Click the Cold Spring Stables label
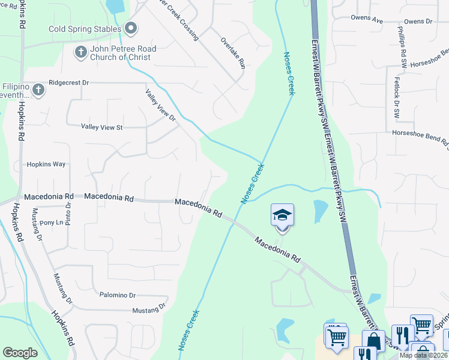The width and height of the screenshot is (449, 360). [x=83, y=29]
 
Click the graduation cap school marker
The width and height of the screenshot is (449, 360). [x=282, y=215]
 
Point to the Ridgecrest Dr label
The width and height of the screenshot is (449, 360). [x=68, y=82]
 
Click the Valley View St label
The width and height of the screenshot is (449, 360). [x=101, y=127]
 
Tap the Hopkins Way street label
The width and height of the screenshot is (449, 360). [x=46, y=164]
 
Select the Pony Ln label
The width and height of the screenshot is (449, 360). [x=51, y=223]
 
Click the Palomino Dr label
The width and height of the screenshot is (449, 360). [x=118, y=295]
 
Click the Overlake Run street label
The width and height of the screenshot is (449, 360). [x=233, y=54]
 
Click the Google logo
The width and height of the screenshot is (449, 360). [x=20, y=353]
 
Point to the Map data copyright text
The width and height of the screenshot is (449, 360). [x=424, y=355]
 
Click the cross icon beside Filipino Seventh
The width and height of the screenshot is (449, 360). [x=38, y=90]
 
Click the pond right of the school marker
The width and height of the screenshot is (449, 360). [x=319, y=212]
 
